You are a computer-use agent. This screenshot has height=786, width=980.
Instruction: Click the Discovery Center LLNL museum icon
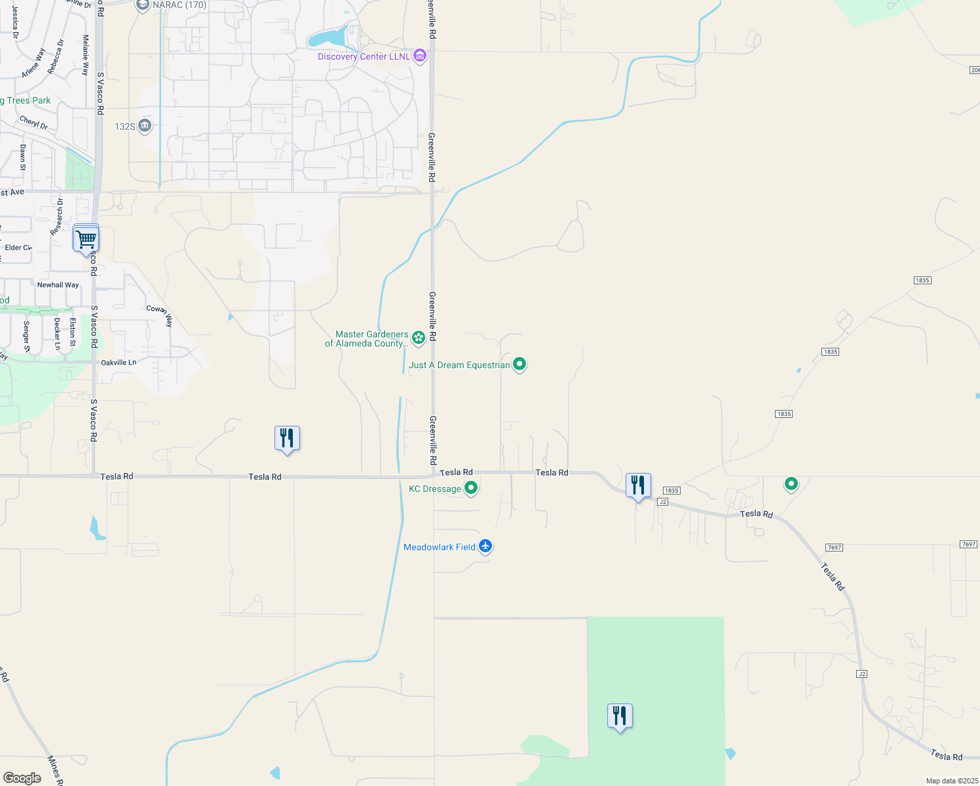point(420,56)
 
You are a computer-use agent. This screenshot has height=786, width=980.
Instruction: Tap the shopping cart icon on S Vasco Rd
point(86,239)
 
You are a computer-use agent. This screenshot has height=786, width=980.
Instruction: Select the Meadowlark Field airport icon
point(485,546)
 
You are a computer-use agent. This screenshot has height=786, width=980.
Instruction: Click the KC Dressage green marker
point(471,488)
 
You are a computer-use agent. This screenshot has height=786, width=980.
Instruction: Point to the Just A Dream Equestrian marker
point(519,364)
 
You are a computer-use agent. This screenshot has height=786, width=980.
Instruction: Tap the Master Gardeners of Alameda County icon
point(419,338)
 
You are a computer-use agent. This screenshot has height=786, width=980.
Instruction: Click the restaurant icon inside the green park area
point(620,716)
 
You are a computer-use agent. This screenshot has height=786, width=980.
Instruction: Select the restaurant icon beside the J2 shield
point(638,485)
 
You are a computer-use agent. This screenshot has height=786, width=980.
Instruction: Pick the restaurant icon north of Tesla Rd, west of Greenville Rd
point(287,438)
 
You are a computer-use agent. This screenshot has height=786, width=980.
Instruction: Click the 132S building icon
point(145,126)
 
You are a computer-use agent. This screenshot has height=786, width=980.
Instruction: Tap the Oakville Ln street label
point(119,362)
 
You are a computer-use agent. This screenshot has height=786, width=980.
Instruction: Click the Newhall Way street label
point(58,285)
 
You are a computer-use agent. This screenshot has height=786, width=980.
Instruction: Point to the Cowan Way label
point(160,316)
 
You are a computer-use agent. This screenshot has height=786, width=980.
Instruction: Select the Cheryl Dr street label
point(33,122)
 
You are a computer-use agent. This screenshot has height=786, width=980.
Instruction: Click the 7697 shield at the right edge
point(968,544)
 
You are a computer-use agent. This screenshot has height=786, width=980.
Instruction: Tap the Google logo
point(22,778)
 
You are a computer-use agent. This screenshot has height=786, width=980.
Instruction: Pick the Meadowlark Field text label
point(439,547)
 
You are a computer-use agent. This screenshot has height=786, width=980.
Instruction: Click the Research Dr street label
point(58,217)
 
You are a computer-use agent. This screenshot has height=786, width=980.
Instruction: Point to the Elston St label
point(73,332)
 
